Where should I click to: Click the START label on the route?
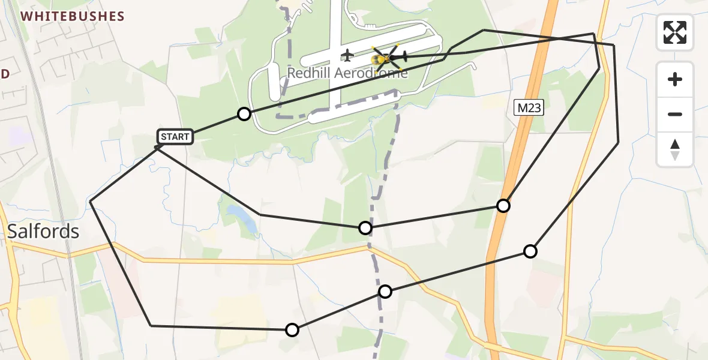pos(175,137)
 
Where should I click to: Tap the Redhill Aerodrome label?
pos(347,73)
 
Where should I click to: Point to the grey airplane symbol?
pos(346,56)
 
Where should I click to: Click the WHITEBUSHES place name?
pos(73,17)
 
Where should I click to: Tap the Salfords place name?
pos(43,231)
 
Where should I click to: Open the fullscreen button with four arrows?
pos(675,32)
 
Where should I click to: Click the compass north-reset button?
pos(675,149)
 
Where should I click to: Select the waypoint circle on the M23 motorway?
pos(503,206)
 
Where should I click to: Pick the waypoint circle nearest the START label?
pos(244,114)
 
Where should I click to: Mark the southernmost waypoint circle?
pos(292,330)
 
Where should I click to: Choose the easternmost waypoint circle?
pos(530,251)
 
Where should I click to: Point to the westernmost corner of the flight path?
pos(91,202)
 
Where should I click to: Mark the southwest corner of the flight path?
pos(151,326)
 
